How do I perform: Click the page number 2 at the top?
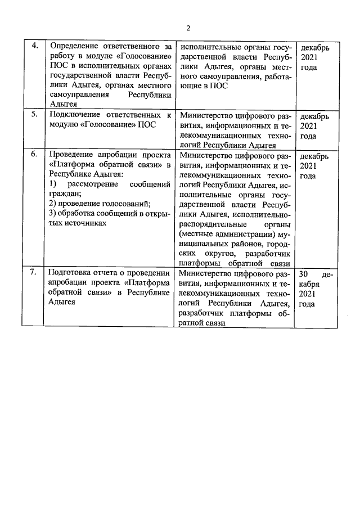click(189, 29)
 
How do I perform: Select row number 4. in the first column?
click(34, 47)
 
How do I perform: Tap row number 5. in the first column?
click(34, 115)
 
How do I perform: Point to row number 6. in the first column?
click(34, 154)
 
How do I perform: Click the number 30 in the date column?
click(304, 273)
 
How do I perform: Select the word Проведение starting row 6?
click(73, 154)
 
